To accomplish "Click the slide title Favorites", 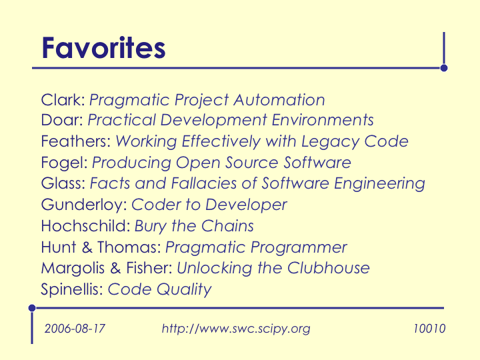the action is [103, 48].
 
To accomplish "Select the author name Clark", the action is [61, 100].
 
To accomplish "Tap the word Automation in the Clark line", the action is [279, 100].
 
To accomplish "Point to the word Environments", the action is [323, 120].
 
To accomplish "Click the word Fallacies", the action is [203, 183].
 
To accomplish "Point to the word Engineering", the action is [379, 184].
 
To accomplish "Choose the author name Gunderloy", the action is [82, 205].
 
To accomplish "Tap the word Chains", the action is [227, 226].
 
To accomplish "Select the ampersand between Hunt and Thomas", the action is [87, 247].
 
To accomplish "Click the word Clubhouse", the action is [329, 268].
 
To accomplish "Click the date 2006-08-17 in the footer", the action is [75, 329].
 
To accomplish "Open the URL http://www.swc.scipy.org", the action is [236, 329].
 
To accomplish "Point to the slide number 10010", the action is [429, 329].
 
